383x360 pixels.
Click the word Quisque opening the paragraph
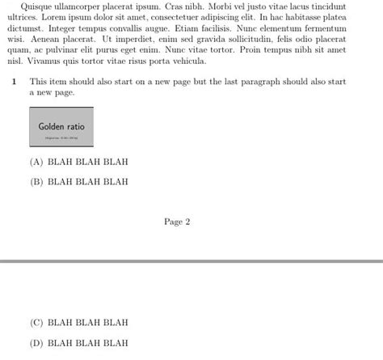tap(33, 6)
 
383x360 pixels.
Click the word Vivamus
tap(44, 61)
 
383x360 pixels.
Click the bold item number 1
tap(15, 82)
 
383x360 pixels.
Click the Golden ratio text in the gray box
tap(61, 127)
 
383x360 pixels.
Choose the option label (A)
tap(36, 162)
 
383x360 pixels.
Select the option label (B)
tap(36, 182)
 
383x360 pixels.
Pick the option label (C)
tap(36, 323)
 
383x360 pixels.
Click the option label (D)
tap(36, 343)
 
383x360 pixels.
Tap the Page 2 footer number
tap(176, 222)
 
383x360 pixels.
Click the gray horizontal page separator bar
tap(191, 261)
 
